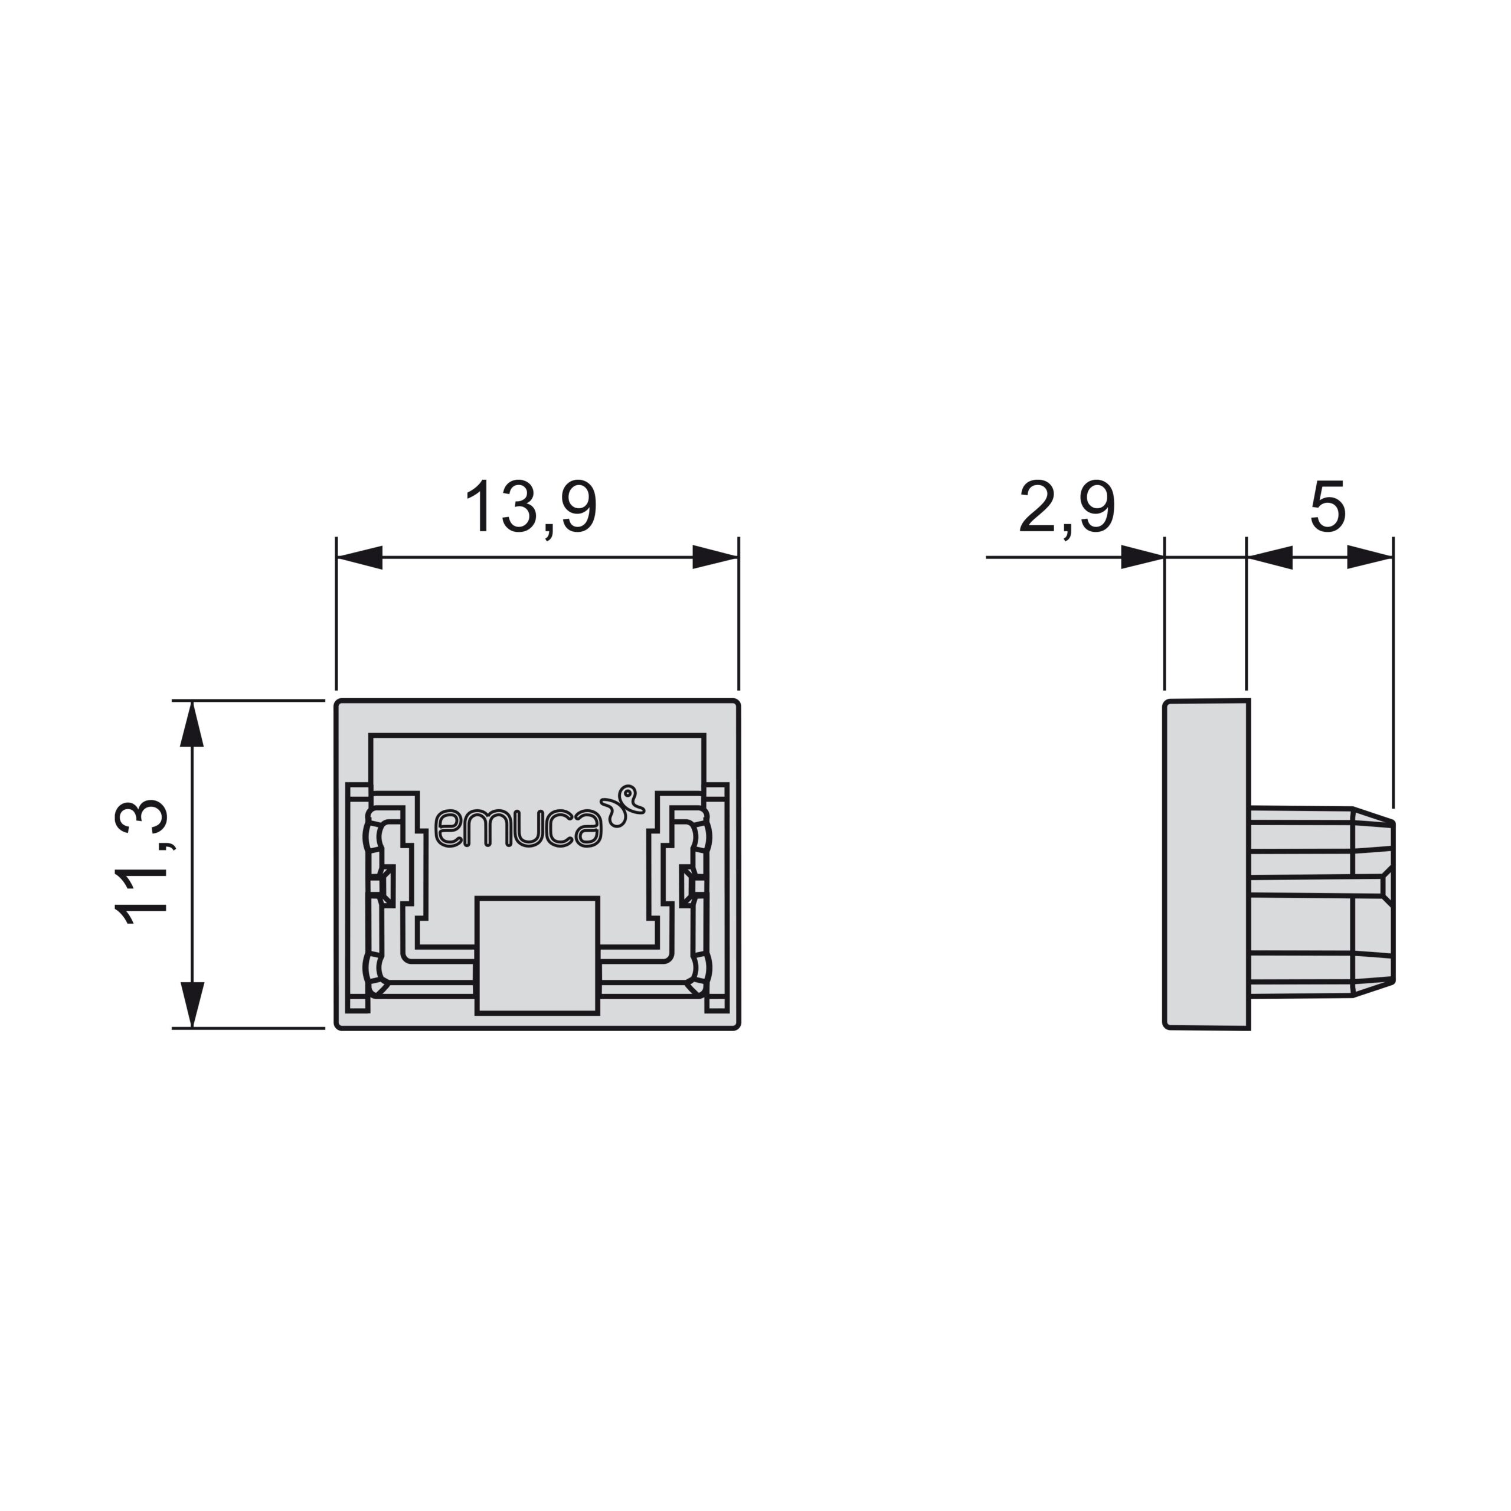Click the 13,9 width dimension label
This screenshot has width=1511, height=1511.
tap(531, 508)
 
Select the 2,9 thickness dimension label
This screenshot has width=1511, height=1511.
tap(1067, 508)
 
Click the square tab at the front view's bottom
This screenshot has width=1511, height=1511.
tap(537, 955)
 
